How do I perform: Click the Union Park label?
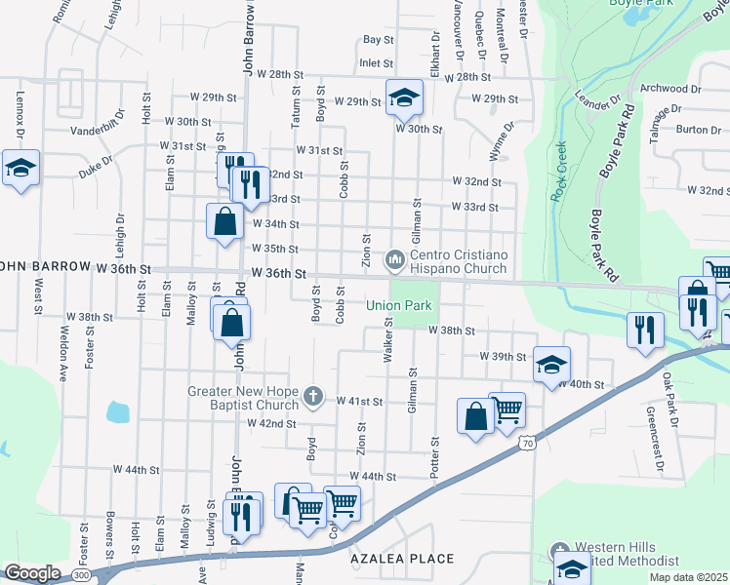pos(398,305)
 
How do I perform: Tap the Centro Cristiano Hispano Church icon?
pos(394,259)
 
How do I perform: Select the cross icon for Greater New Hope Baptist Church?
pos(312,395)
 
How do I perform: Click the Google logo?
pos(33,573)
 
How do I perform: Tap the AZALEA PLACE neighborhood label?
pos(402,559)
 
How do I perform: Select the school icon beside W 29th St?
pos(403,96)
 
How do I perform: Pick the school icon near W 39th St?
pos(551,365)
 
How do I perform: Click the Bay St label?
pos(378,40)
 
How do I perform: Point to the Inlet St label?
pos(376,62)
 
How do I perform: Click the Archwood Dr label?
pos(669,89)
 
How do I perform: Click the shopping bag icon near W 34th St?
pos(225,219)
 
